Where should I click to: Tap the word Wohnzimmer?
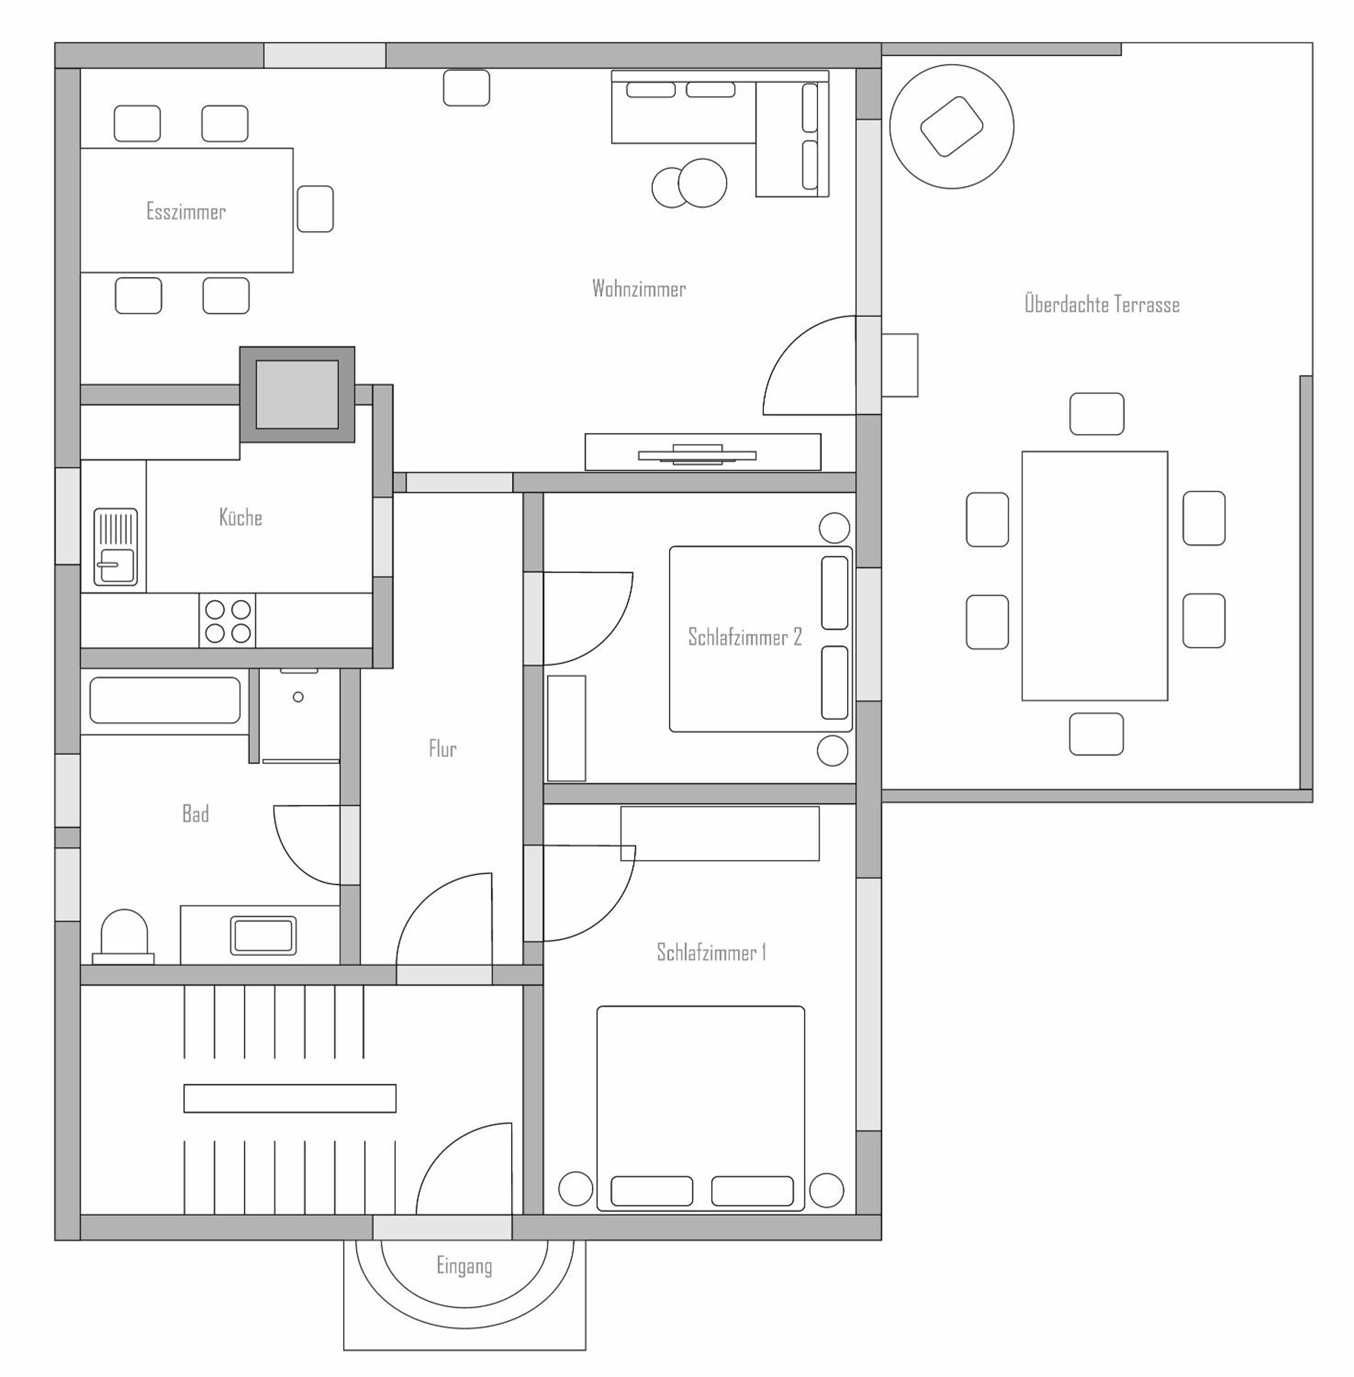638,288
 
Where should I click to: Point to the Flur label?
442,748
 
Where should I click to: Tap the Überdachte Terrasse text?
1102,304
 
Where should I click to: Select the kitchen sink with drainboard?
115,547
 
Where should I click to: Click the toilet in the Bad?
124,937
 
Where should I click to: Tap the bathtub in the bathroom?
165,700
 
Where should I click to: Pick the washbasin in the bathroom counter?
263,935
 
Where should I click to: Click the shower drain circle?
298,697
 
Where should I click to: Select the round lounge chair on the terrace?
951,127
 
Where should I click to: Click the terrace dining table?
1094,576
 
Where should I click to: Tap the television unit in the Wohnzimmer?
703,453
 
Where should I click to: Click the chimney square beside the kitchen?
297,395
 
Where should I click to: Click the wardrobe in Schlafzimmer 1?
720,833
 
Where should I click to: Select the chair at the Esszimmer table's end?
315,209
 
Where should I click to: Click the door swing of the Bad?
307,845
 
